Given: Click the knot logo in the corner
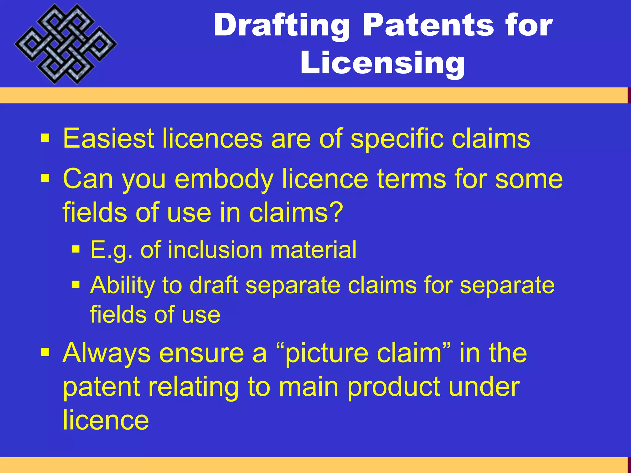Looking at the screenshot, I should click(x=65, y=44).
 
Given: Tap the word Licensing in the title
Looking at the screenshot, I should click(x=382, y=63).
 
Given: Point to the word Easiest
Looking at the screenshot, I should click(x=108, y=139).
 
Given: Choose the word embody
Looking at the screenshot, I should click(x=224, y=180).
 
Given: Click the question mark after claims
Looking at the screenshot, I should click(x=336, y=212).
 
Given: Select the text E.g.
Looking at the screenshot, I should click(x=112, y=250).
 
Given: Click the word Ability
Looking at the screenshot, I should click(x=123, y=286).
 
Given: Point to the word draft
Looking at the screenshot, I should click(x=214, y=285).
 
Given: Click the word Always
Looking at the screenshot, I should click(x=106, y=354).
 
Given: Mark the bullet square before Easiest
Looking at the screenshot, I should click(x=45, y=138).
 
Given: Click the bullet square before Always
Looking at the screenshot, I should click(x=45, y=352).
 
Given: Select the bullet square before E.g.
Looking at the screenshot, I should click(x=76, y=249).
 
